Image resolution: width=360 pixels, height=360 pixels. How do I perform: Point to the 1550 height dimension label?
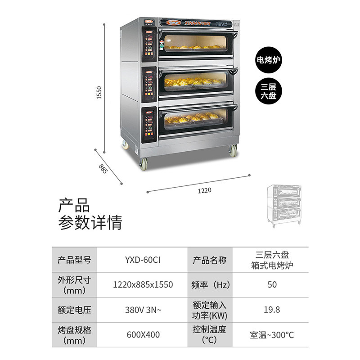pyautogui.click(x=100, y=92)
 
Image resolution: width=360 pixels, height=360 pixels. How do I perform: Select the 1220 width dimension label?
pyautogui.click(x=204, y=190)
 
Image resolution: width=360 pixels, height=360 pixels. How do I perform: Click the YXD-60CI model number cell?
pyautogui.click(x=142, y=260)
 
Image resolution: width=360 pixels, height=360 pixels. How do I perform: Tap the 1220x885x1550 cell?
pyautogui.click(x=142, y=285)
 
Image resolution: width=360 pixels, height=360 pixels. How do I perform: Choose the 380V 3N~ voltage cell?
pyautogui.click(x=142, y=310)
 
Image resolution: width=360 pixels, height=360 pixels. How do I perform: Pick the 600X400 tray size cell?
pyautogui.click(x=142, y=335)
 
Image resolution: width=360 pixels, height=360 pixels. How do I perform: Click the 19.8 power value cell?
pyautogui.click(x=272, y=310)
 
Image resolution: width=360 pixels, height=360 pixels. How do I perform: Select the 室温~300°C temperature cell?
pyautogui.click(x=272, y=335)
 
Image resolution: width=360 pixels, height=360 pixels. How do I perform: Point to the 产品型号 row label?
pyautogui.click(x=75, y=260)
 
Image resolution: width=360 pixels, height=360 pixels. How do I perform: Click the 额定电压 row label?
pyautogui.click(x=75, y=310)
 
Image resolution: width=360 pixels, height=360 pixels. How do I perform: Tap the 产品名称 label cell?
pyautogui.click(x=210, y=260)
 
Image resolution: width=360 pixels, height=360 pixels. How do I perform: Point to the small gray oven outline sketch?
pyautogui.click(x=284, y=205)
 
